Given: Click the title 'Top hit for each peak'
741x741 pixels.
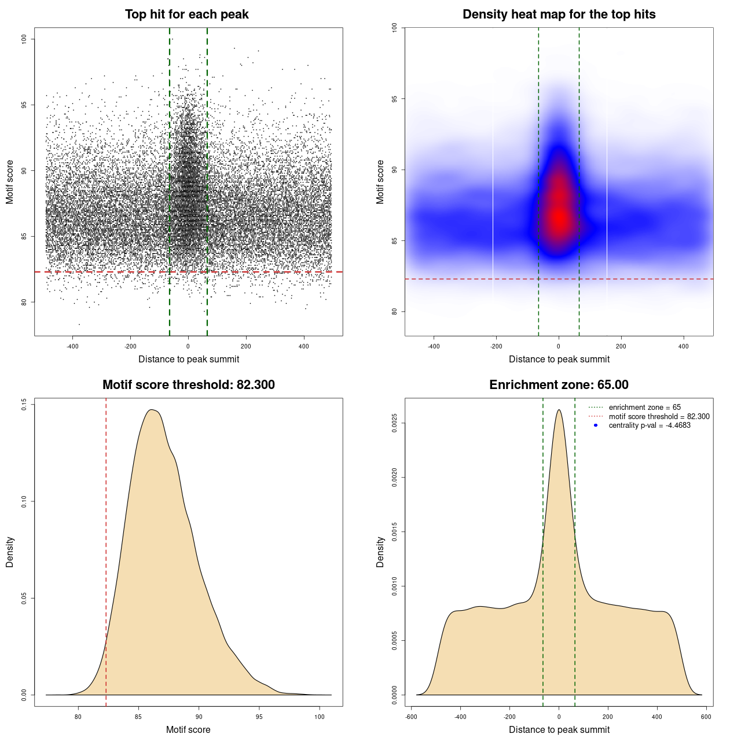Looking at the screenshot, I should (x=186, y=14).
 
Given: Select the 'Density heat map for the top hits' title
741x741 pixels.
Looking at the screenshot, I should (x=559, y=14).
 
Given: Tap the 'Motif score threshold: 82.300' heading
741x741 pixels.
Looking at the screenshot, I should (x=188, y=385).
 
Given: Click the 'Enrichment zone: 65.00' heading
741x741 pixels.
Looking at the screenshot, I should (x=559, y=385).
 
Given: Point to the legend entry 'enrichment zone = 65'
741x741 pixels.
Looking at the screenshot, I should (x=644, y=408).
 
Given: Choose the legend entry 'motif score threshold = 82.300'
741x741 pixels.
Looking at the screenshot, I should (x=659, y=416).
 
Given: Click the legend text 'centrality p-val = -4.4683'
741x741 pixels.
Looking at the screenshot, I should (x=650, y=425).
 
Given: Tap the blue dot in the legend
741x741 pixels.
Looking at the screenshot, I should (x=596, y=425).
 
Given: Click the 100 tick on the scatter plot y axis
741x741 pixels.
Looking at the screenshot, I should (x=24, y=39).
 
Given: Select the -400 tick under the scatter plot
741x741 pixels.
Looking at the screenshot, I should (x=72, y=346).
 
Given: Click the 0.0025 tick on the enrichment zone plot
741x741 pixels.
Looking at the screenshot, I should (x=395, y=423).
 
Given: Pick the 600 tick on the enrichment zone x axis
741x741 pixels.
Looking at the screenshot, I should (x=706, y=717).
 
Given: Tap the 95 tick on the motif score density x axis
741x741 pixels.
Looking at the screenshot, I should (x=259, y=717).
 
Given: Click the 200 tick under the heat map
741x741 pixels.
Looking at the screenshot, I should (x=621, y=346).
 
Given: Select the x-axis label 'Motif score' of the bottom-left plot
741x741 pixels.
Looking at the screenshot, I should (x=188, y=730).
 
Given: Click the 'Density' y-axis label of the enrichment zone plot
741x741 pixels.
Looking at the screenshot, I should (x=380, y=552).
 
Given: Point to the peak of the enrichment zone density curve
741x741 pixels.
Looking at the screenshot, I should (x=559, y=410).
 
